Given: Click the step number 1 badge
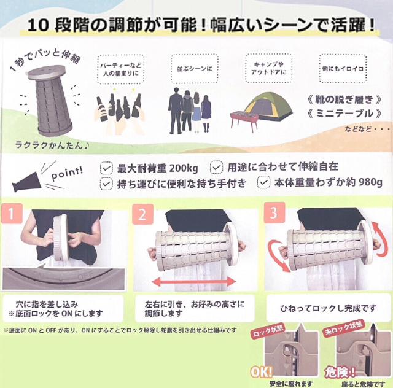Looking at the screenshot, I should [11, 215].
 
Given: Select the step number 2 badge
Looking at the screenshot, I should [141, 215].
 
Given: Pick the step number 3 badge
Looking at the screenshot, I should [271, 215].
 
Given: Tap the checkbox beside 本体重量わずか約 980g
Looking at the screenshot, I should [263, 182].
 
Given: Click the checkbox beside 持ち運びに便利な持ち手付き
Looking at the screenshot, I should [106, 182].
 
